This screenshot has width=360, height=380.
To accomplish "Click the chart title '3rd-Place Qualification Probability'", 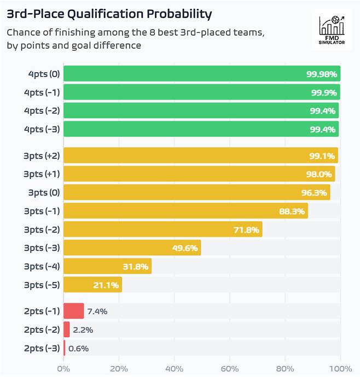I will click(x=109, y=13).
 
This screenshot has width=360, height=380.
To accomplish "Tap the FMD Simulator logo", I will click(x=332, y=31).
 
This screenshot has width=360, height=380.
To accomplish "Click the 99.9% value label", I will click(x=323, y=93).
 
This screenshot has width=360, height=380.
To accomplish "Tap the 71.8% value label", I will click(x=247, y=229).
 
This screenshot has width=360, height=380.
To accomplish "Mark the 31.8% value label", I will click(x=136, y=267).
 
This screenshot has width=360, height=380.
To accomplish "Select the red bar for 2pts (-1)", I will click(x=74, y=311).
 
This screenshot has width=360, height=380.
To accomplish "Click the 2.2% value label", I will click(x=83, y=330).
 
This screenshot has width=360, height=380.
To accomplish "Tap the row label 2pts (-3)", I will click(x=42, y=348).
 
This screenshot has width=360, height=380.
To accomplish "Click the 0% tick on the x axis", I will click(x=64, y=368).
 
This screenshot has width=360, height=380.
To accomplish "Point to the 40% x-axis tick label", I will click(x=175, y=368).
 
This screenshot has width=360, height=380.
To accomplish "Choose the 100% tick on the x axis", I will click(x=340, y=368).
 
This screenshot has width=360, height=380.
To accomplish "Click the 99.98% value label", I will click(x=322, y=74).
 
